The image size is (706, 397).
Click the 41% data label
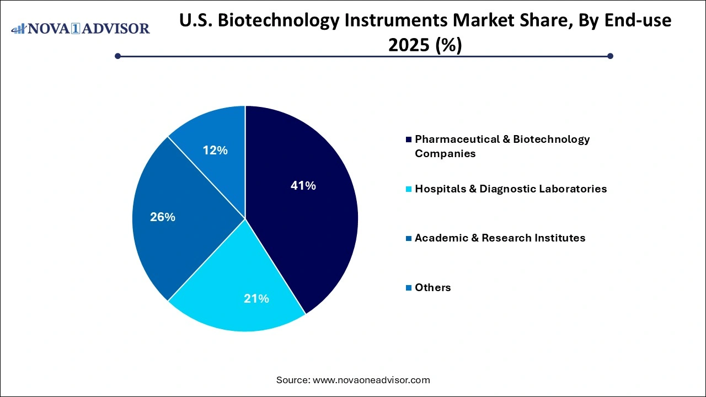tap(303, 186)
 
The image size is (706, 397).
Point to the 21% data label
tap(256, 299)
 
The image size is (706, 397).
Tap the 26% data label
tap(162, 217)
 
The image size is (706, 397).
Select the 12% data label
tap(215, 151)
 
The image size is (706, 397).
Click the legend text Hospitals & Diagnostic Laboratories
tap(510, 189)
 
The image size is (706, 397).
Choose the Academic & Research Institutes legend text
tap(500, 238)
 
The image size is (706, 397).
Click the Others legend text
tap(432, 287)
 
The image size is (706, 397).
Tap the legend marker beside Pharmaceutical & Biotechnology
tap(408, 140)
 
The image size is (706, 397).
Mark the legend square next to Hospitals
tap(408, 189)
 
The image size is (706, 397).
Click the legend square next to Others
tap(408, 287)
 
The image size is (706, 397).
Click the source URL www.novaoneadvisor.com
tap(371, 380)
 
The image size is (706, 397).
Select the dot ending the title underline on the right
tap(610, 56)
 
